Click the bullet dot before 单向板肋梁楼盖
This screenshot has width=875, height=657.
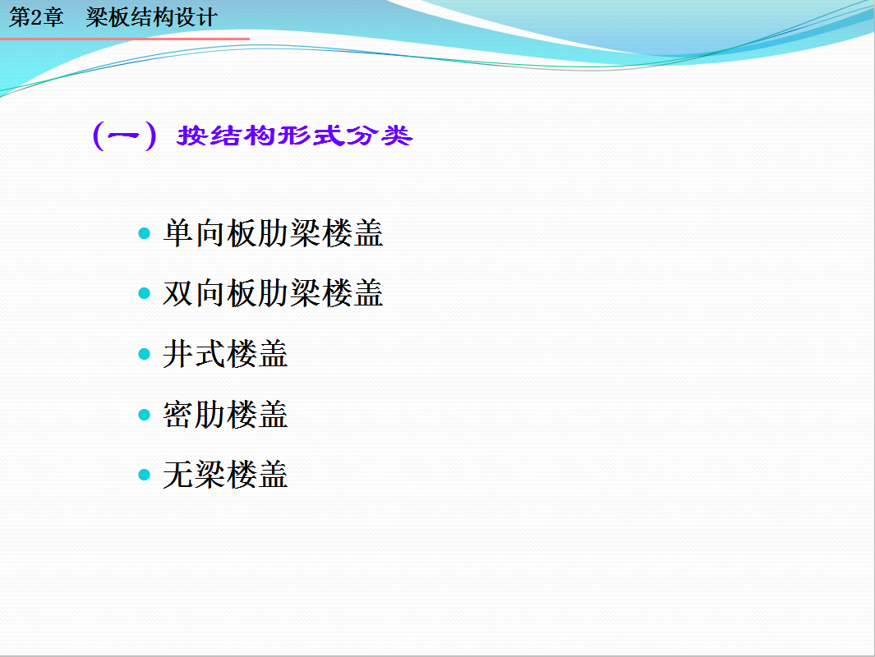click(x=144, y=233)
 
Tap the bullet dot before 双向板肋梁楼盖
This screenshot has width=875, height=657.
click(x=144, y=293)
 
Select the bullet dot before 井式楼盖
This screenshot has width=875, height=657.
click(x=144, y=354)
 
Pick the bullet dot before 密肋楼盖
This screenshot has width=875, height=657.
click(x=144, y=415)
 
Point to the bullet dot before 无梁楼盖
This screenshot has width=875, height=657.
click(x=144, y=476)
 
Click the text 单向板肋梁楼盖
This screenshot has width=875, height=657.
click(x=273, y=233)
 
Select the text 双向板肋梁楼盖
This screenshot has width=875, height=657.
click(x=273, y=293)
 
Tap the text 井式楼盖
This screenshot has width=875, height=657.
click(x=225, y=354)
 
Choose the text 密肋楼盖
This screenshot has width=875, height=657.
click(x=225, y=415)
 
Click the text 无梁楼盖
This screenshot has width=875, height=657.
click(x=225, y=476)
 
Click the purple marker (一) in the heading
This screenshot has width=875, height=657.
click(x=124, y=136)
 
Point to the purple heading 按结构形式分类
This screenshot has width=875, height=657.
click(x=295, y=136)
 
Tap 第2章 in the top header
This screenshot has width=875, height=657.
click(x=36, y=17)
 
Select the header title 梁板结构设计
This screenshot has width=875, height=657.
click(x=151, y=17)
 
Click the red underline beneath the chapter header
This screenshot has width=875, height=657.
click(x=124, y=39)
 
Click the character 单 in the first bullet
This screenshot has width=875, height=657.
click(x=178, y=233)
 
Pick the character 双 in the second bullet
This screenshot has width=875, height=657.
click(x=178, y=293)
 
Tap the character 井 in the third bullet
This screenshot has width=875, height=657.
click(x=178, y=354)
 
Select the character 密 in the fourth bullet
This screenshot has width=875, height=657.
click(x=178, y=415)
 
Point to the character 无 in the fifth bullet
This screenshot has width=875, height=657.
click(x=178, y=476)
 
